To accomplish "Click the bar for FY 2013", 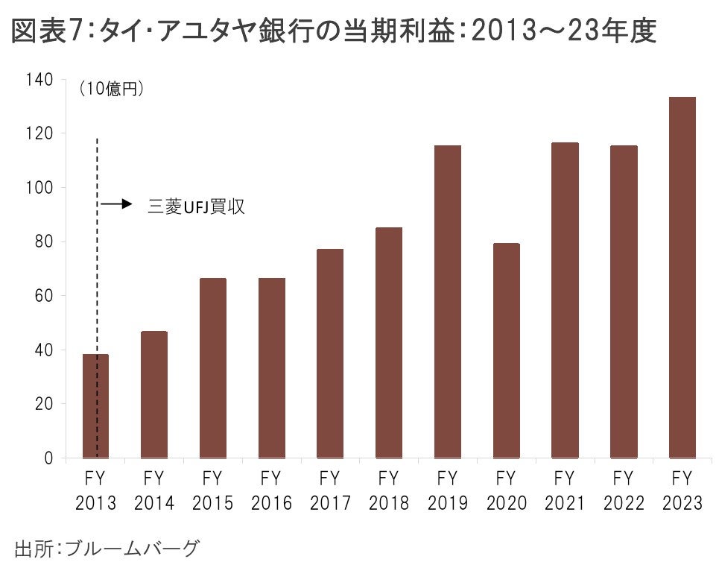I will tap(96, 406).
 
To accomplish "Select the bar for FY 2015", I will tap(213, 368).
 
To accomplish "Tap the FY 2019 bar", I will tap(448, 301).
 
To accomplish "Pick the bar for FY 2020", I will tap(506, 350).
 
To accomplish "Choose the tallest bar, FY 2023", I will tap(682, 277).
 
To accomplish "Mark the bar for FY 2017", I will tap(330, 353).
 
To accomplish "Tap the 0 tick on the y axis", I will tap(48, 458).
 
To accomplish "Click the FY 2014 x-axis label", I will tap(154, 490).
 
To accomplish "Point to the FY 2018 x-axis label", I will tap(389, 490).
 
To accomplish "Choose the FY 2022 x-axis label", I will tap(624, 490).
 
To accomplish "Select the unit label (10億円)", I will tap(111, 89).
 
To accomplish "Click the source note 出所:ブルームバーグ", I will tap(107, 549).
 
